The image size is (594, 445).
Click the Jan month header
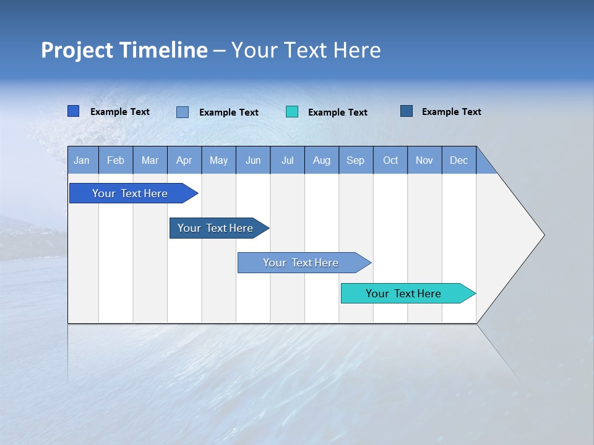pyautogui.click(x=82, y=160)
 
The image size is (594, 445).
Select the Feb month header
pyautogui.click(x=116, y=160)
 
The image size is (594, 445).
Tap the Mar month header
pyautogui.click(x=150, y=160)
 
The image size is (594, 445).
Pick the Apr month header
pyautogui.click(x=184, y=160)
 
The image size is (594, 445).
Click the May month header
pyautogui.click(x=218, y=160)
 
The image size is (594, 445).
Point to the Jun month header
pyautogui.click(x=253, y=160)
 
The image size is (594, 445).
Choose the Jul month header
pyautogui.click(x=287, y=160)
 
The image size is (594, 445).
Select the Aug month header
pyautogui.click(x=322, y=160)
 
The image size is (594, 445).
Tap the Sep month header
pyautogui.click(x=356, y=160)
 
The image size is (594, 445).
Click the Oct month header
pyautogui.click(x=390, y=160)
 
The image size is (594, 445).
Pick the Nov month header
pyautogui.click(x=424, y=160)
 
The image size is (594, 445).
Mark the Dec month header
pyautogui.click(x=459, y=160)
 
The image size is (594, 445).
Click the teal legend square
pyautogui.click(x=292, y=112)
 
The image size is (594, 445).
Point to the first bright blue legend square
pyautogui.click(x=74, y=111)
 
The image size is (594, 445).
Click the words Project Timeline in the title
pyautogui.click(x=124, y=50)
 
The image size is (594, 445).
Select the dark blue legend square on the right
pyautogui.click(x=407, y=111)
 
